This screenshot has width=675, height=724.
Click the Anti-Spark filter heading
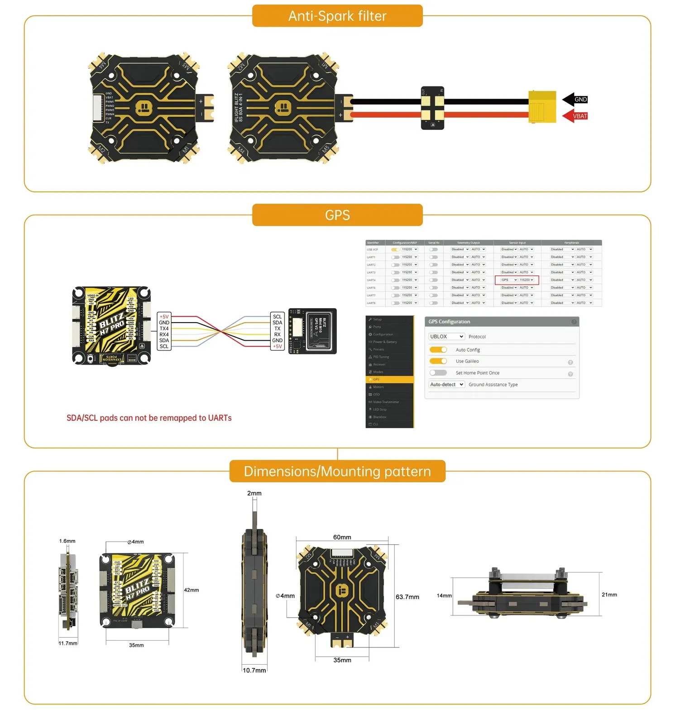[337, 16]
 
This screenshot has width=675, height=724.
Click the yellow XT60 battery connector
[542, 107]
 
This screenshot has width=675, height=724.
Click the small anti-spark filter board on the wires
[432, 108]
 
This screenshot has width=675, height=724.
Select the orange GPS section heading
[337, 215]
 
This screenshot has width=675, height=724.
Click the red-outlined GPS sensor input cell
[517, 280]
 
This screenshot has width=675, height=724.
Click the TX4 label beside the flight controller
[164, 329]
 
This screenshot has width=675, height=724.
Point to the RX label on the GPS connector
[277, 334]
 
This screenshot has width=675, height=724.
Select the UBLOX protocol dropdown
[446, 337]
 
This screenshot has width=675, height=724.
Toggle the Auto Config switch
[438, 350]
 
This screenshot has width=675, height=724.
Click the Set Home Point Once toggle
[438, 373]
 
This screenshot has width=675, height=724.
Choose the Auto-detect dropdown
[446, 385]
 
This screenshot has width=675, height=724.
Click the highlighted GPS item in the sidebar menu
[389, 379]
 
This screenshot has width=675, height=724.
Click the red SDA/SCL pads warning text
[149, 418]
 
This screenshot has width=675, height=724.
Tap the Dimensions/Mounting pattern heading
[337, 472]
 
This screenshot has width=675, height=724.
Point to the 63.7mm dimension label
[407, 597]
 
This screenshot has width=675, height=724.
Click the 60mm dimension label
[342, 537]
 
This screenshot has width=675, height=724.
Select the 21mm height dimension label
[609, 595]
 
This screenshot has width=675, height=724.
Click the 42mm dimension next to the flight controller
[191, 590]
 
